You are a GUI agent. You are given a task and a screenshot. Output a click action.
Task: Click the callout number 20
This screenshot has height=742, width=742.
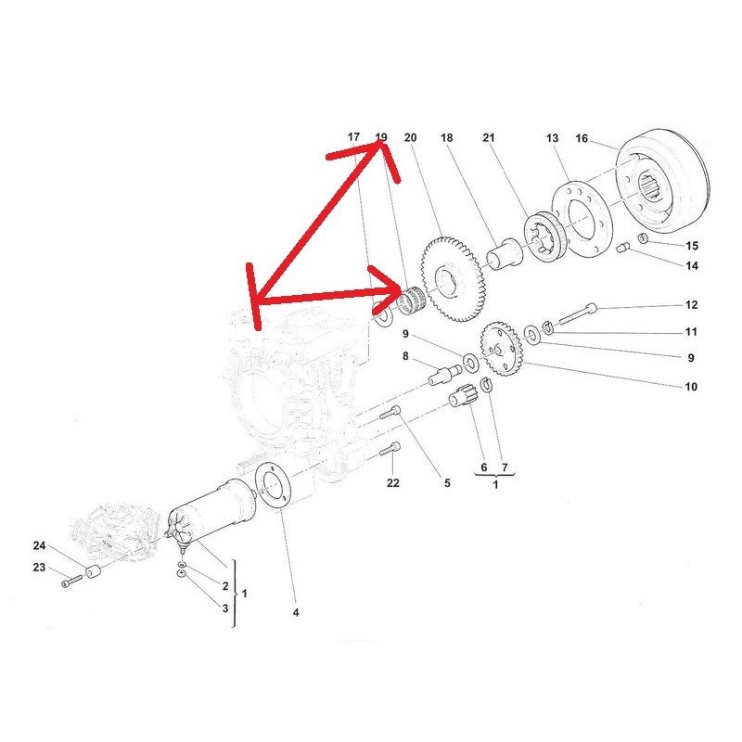pos(410,138)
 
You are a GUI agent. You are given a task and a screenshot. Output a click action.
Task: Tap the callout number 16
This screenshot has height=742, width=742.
pos(582,139)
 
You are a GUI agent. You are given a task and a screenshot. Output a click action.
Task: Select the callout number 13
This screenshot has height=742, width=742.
pos(552,138)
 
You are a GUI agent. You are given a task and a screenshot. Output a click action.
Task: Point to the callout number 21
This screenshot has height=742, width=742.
pos(489,138)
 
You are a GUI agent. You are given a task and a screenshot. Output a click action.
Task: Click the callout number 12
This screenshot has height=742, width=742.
pos(691,305)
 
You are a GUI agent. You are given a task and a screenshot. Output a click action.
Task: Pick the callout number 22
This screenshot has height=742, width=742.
pos(392,483)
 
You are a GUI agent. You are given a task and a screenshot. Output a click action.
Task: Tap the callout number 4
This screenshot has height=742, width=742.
pos(296,612)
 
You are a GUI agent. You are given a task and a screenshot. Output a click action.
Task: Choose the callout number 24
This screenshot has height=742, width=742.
pos(39,545)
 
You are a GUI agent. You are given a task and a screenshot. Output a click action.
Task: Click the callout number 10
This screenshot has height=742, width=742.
pos(691,387)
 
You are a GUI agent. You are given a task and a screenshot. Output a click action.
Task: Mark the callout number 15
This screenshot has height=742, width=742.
pos(691,247)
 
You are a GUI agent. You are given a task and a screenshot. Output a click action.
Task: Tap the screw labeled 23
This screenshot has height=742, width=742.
pos(70,583)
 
